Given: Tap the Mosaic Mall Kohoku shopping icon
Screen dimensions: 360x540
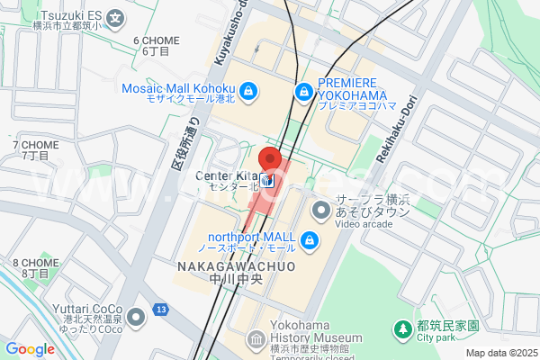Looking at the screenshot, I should click(249, 90).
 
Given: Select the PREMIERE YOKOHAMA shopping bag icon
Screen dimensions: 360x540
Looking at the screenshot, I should click(304, 91).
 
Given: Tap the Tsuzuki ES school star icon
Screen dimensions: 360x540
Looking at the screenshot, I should click(115, 17).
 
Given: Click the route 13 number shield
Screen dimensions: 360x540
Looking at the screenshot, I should click(160, 310).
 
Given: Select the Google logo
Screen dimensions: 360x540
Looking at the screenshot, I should click(30, 349).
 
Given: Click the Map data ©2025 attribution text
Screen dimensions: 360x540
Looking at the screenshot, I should click(500, 353).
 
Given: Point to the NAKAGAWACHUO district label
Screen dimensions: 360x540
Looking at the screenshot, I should click(237, 267).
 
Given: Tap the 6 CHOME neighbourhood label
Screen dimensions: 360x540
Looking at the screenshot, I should click(156, 40).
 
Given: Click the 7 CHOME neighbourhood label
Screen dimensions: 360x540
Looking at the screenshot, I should click(35, 145).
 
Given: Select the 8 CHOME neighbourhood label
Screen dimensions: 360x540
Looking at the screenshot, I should click(35, 263).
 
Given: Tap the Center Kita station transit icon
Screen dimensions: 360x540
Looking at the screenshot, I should click(267, 180).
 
